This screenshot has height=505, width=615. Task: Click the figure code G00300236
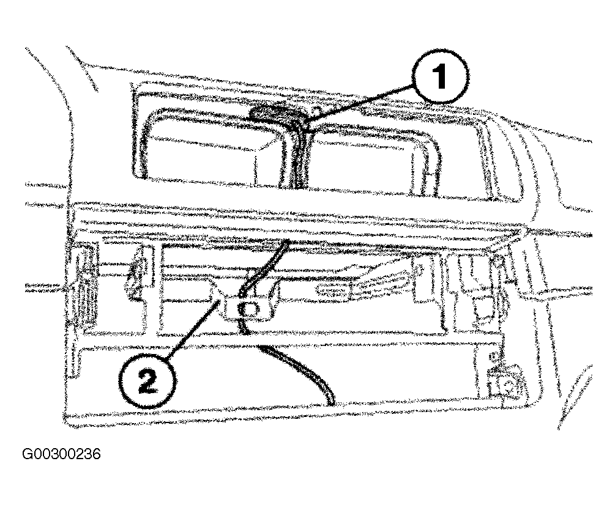tap(62, 454)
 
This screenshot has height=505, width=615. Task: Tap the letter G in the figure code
tap(28, 454)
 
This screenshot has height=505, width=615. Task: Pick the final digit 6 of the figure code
tap(96, 454)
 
